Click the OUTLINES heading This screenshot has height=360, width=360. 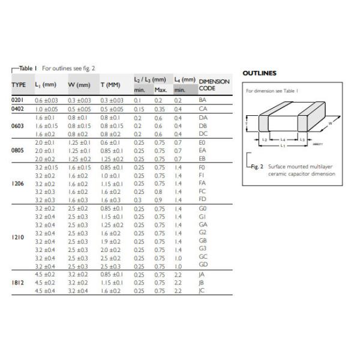click(259, 73)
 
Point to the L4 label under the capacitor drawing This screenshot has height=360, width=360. click(284, 140)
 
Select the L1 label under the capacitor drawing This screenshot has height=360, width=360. click(284, 146)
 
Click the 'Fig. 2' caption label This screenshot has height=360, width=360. click(257, 166)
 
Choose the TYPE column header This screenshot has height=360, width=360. click(19, 85)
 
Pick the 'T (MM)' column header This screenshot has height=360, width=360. click(110, 85)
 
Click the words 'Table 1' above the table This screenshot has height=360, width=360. click(28, 68)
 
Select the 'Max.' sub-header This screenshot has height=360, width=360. click(161, 90)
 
